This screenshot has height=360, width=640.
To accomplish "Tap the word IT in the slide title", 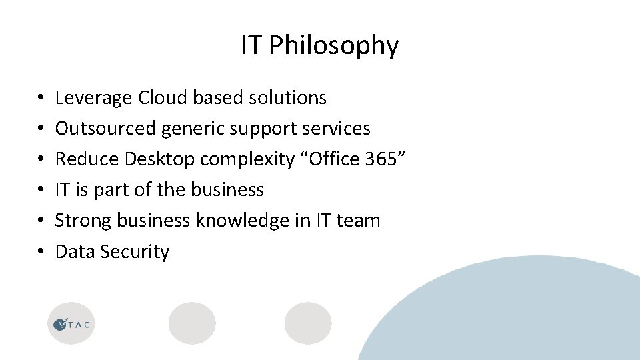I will point(251,45).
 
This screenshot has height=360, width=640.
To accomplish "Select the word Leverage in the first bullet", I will point(94,98).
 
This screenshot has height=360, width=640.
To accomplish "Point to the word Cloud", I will point(163,98).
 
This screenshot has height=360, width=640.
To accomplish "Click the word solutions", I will point(287,98).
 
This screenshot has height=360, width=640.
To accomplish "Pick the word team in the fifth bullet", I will point(358,221).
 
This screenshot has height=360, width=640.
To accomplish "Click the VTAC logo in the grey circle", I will point(71,324).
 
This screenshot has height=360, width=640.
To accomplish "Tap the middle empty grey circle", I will point(192,323).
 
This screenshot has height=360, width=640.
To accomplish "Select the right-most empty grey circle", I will point(308,323).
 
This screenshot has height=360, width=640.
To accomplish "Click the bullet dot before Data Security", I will point(41,252).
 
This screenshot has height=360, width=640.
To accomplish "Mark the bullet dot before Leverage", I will point(41,98).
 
